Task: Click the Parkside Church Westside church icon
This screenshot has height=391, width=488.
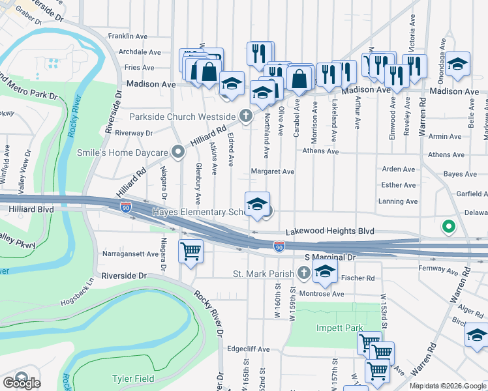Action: point(245,116)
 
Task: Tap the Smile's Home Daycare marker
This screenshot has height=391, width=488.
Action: point(178,152)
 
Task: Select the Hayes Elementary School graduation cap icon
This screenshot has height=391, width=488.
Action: point(258,204)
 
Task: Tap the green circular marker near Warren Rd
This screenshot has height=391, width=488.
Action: point(448,227)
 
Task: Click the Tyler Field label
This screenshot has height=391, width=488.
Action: point(132,379)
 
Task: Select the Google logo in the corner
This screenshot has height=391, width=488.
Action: point(21,383)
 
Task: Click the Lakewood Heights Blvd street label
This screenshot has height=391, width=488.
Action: point(330,231)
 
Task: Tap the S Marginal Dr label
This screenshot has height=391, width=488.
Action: point(329,257)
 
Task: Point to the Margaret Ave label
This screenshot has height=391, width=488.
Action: point(273,171)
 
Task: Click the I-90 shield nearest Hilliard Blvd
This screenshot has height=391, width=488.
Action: point(126,207)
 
